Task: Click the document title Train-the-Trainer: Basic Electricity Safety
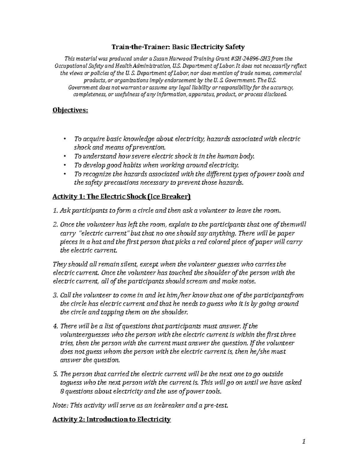pos(178,47)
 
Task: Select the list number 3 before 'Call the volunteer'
pos(55,295)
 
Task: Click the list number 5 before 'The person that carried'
pos(55,374)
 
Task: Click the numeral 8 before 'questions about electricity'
pos(62,392)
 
